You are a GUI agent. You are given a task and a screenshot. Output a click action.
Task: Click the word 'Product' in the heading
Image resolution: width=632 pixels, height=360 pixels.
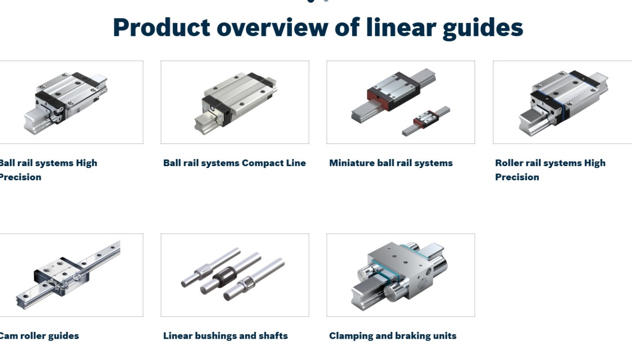click(x=161, y=27)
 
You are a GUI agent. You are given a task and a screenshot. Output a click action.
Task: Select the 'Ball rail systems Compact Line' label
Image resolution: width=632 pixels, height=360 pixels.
click(x=234, y=163)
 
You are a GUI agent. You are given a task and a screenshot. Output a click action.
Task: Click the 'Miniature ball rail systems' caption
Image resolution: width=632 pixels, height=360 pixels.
click(x=391, y=163)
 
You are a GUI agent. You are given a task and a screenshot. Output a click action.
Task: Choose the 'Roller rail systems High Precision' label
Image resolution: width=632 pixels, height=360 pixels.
click(x=550, y=170)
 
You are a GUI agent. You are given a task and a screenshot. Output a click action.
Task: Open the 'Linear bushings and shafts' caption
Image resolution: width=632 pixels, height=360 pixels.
click(x=225, y=336)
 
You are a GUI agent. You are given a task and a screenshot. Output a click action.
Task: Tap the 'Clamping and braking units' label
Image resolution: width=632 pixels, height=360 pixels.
click(x=392, y=336)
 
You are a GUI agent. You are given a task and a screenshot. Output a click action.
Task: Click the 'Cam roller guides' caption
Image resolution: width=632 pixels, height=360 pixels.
click(x=39, y=336)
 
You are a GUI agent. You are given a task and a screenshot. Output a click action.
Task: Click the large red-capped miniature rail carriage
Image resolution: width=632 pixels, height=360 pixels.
click(x=393, y=91)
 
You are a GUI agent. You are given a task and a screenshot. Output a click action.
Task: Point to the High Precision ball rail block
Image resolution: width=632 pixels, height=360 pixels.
click(x=68, y=97)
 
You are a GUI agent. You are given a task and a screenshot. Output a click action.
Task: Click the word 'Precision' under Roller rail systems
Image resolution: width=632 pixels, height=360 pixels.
click(x=517, y=177)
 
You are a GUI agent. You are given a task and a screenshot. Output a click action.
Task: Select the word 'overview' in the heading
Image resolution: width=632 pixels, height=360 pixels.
click(x=272, y=27)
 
